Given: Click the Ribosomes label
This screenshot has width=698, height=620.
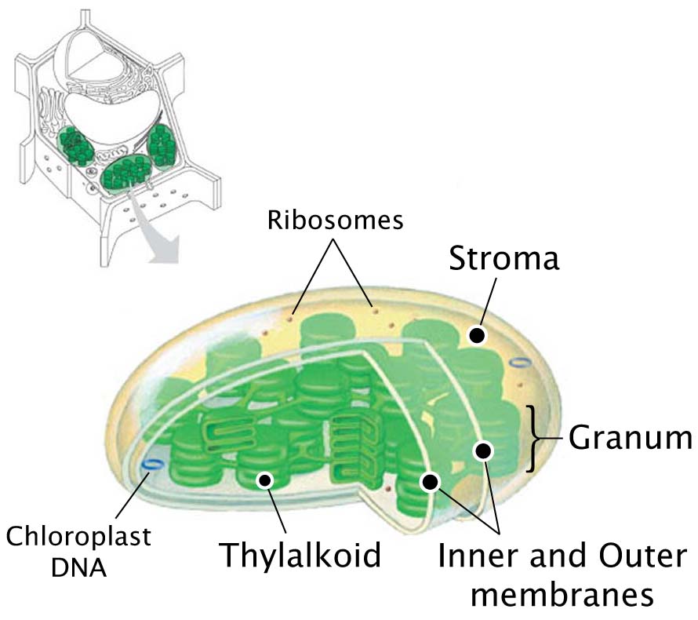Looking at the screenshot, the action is click(x=335, y=220).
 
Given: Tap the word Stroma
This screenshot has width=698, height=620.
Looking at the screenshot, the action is click(x=504, y=258).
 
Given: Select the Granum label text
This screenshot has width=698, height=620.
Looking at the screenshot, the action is click(x=631, y=438).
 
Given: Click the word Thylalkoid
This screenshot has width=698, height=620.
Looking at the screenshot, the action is click(x=300, y=555).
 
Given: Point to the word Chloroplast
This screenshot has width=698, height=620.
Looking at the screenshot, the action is click(x=78, y=536).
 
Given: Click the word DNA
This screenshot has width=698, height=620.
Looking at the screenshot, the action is click(x=78, y=567).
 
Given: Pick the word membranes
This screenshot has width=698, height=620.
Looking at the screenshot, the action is click(x=562, y=594).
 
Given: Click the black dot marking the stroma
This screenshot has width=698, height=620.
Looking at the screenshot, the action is click(x=477, y=335).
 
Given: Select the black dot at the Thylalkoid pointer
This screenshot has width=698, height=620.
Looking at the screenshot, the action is click(x=265, y=480).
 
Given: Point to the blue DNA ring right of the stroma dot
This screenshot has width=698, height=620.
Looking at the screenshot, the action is click(x=519, y=363).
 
